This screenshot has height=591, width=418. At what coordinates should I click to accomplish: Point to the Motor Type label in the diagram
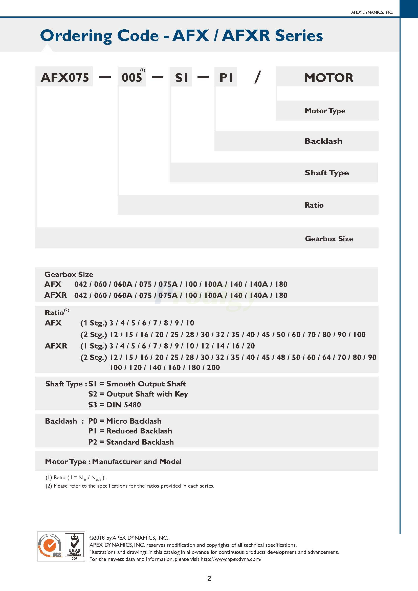(x=325, y=111)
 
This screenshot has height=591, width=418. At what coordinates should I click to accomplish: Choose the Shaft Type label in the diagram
(x=327, y=172)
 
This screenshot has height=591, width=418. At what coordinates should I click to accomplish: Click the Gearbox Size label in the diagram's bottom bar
(x=329, y=239)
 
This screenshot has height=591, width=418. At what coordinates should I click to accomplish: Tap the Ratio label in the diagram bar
(x=314, y=205)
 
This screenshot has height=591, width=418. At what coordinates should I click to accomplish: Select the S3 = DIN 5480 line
(x=115, y=405)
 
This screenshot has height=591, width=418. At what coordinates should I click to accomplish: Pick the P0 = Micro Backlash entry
(x=125, y=421)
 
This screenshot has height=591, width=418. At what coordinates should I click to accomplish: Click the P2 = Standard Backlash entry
(x=131, y=442)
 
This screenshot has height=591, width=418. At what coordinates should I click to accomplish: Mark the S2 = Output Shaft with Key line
(x=138, y=394)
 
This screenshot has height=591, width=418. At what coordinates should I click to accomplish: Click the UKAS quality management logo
(x=74, y=546)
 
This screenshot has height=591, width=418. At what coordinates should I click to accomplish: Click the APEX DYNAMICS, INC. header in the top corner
(x=372, y=12)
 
